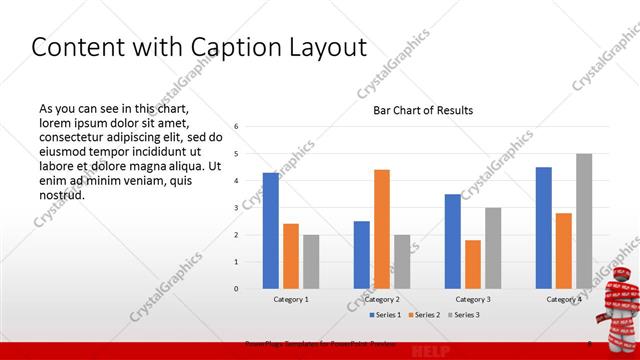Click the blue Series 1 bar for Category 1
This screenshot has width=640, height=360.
pyautogui.click(x=271, y=231)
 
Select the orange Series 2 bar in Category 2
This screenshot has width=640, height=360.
pyautogui.click(x=382, y=229)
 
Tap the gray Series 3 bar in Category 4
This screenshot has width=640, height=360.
pyautogui.click(x=584, y=221)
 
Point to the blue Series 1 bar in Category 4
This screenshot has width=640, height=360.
pyautogui.click(x=544, y=228)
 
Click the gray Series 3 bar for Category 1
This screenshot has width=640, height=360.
pyautogui.click(x=311, y=262)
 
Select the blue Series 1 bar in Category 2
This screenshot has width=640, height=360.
pyautogui.click(x=362, y=255)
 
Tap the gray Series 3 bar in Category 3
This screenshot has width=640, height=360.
pyautogui.click(x=493, y=248)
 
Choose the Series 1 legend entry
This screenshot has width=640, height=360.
pyautogui.click(x=386, y=315)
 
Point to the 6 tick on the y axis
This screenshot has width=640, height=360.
pyautogui.click(x=236, y=126)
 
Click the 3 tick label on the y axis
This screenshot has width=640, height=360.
pyautogui.click(x=236, y=207)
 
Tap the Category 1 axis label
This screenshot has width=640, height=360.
pyautogui.click(x=291, y=299)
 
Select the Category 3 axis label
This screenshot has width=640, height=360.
pyautogui.click(x=473, y=299)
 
